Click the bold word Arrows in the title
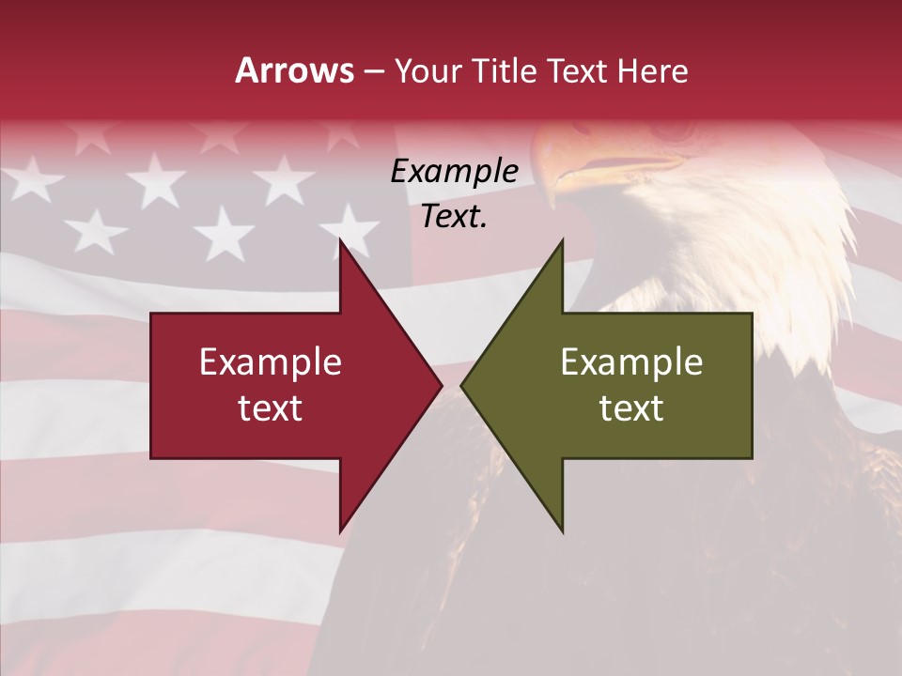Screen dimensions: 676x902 pos(295,70)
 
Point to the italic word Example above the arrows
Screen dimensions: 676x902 pos(455,172)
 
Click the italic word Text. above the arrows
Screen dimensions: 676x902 pos(455,216)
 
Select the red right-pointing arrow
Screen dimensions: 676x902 pos(282,385)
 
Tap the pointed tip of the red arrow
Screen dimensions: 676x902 pos(442,385)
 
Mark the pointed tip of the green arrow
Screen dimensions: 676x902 pos(461,385)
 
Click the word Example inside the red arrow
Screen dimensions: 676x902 pos(271,362)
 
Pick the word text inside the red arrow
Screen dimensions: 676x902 pos(271,407)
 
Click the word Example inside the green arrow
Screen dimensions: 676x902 pos(631,362)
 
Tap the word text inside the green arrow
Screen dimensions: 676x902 pos(631,407)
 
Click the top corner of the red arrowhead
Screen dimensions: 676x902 pos(340,240)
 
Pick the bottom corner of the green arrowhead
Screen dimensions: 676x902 pos(562,531)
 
